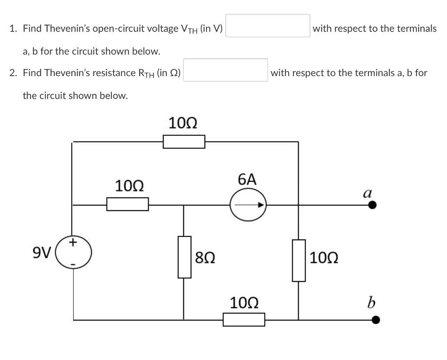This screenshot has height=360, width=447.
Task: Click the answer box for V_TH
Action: point(268,26)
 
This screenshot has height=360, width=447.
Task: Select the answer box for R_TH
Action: point(225,70)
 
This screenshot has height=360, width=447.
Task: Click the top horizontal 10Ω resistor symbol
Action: point(184,142)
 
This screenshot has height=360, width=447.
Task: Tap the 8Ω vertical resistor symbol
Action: point(184,257)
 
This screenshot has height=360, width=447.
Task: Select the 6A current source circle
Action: point(248,204)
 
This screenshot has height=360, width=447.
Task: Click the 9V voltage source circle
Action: point(73,253)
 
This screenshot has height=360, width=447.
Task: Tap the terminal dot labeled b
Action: point(375,320)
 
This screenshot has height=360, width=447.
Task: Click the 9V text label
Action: point(43,252)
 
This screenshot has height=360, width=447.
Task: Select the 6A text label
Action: point(248,179)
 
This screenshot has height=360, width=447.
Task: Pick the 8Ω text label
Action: point(204,258)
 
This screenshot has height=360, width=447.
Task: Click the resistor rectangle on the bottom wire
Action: point(244,319)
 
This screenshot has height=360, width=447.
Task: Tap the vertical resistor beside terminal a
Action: point(299,260)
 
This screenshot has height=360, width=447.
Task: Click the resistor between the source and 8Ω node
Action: point(127,204)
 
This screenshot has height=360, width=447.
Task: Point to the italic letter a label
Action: point(367,193)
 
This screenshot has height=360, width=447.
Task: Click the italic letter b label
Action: point(371,302)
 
